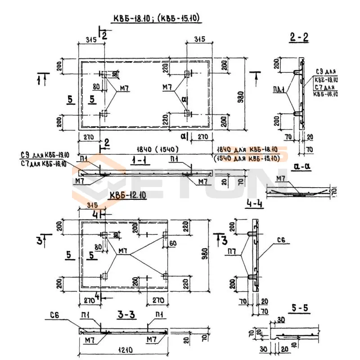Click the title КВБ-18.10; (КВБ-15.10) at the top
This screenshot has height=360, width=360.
156,18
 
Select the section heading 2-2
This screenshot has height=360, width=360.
299,38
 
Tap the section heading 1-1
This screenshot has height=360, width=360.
141,161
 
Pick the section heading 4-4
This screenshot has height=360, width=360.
255,204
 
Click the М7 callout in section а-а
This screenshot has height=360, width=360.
281,179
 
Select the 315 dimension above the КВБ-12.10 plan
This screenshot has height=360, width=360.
92,205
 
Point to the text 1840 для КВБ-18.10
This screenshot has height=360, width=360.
247,149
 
